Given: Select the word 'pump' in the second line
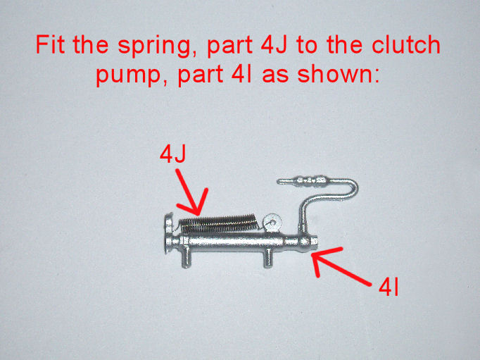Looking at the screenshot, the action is coord(128,75).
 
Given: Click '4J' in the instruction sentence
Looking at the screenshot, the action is coord(274,44).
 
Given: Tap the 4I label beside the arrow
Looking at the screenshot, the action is coord(389,287).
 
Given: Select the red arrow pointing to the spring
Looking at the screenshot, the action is coord(191,192).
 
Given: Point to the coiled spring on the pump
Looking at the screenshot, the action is coord(219,223).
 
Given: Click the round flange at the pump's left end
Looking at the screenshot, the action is coord(168,233).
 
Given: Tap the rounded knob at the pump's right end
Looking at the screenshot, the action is coord(306,242).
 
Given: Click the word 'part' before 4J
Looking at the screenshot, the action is coord(229,46).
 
